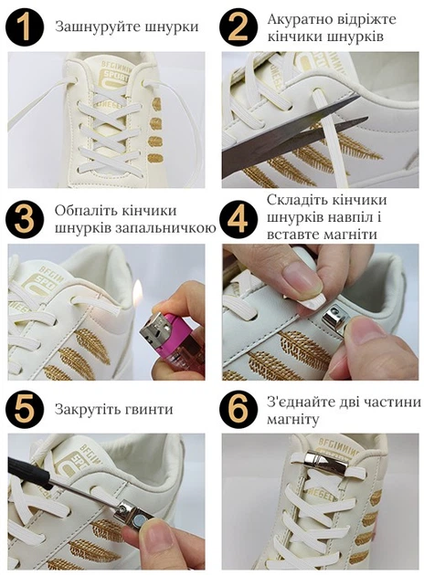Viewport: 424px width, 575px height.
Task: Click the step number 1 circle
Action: click(25, 28)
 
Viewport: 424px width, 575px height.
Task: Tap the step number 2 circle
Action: click(238, 28)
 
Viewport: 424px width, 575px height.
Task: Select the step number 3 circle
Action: click(25, 220)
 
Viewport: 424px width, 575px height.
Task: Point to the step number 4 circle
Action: click(238, 220)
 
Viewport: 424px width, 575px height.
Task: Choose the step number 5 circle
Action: click(25, 409)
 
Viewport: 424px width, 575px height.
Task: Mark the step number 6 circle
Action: click(238, 409)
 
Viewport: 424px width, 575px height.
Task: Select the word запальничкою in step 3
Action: click(166, 228)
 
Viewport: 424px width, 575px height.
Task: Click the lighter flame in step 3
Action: click(137, 292)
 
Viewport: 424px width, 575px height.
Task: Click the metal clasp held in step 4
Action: click(336, 318)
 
